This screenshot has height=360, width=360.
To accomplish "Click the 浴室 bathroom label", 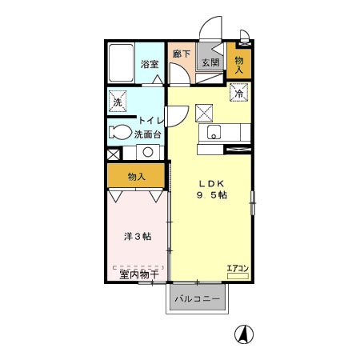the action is (150, 64).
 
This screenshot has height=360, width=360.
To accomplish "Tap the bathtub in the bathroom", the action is (121, 63).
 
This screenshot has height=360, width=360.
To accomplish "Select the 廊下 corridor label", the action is (182, 54).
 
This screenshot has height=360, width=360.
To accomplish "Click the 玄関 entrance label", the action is (210, 62).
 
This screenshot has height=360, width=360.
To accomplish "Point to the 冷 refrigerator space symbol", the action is (239, 93).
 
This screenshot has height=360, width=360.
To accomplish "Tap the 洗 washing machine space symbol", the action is (118, 102).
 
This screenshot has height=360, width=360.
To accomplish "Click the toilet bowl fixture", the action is (121, 132).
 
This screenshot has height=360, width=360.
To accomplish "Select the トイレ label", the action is (151, 121).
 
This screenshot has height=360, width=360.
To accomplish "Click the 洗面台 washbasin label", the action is (148, 134).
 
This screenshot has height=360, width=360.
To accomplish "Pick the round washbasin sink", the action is (148, 152).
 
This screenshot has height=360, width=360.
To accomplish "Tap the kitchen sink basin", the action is (214, 132).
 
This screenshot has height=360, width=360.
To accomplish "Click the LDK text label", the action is (211, 183).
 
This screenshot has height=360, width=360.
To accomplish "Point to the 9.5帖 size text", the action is (212, 195).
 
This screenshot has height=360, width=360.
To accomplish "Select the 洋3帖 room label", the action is (138, 236).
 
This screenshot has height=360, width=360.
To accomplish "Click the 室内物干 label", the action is (139, 274).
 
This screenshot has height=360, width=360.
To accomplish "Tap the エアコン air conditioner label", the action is (238, 269).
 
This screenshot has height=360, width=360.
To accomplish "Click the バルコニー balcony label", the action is (198, 298).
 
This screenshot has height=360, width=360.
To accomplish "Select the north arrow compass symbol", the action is (244, 334).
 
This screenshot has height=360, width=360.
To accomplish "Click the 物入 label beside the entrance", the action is (239, 65).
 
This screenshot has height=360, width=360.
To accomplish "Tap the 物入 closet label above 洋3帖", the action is (137, 177).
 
